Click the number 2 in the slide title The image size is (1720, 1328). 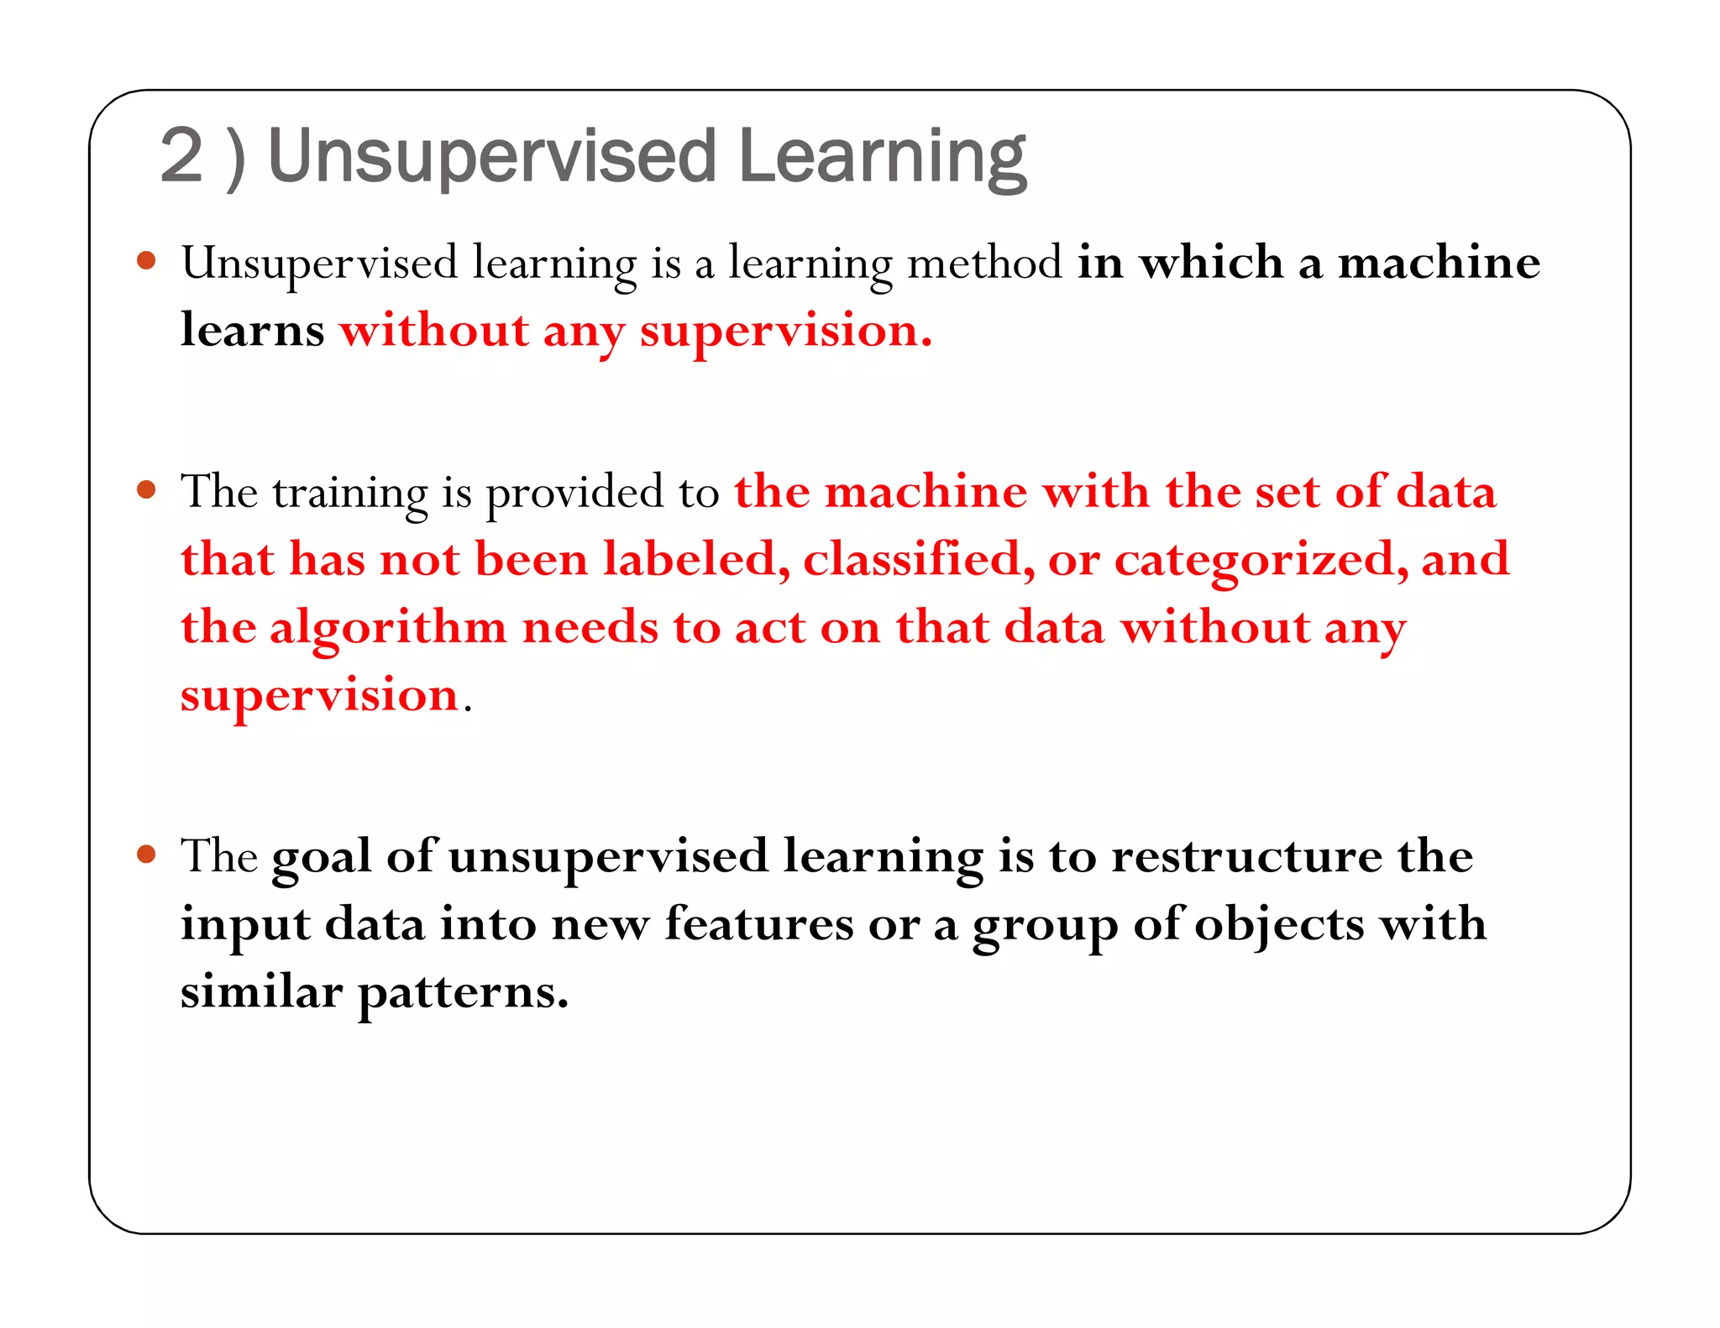pos(181,156)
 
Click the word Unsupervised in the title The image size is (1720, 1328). pos(491,158)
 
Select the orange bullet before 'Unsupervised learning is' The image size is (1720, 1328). pos(146,260)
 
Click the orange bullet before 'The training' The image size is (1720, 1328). pos(146,489)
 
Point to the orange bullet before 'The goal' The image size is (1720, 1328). pos(146,855)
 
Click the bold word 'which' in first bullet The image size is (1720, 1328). pos(1210,262)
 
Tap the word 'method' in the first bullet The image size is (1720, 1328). pos(984,262)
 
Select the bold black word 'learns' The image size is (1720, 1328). pos(252,330)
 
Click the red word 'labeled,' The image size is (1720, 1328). pos(696,559)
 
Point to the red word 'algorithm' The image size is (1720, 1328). pos(387,628)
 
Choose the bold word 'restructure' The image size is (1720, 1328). pos(1246,856)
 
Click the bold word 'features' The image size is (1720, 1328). pos(758,924)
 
